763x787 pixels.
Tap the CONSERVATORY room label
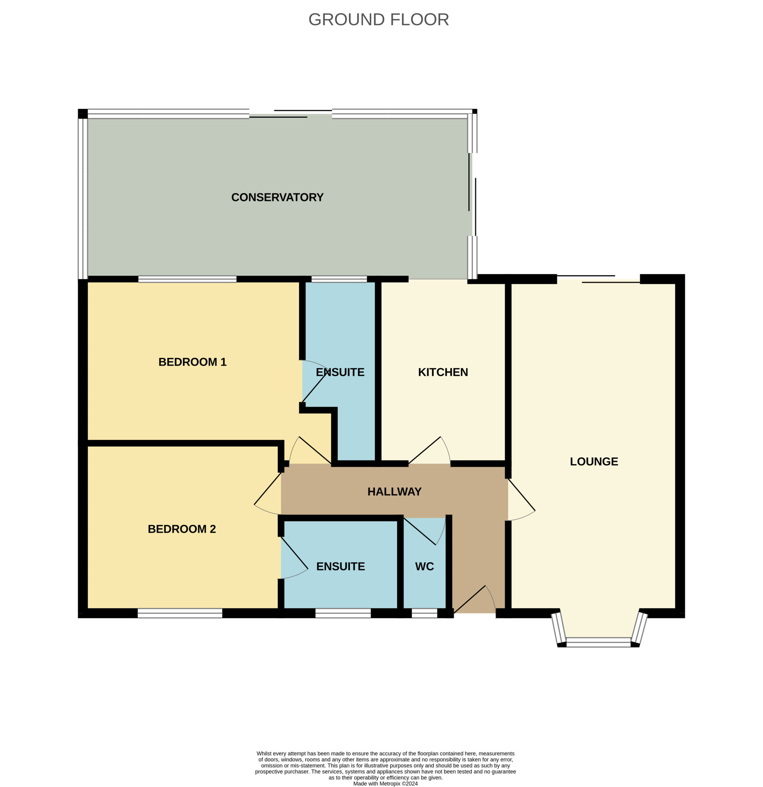pos(277,197)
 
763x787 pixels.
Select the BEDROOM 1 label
pos(193,362)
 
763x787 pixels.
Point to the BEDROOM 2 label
pos(182,529)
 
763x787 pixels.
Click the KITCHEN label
pos(443,372)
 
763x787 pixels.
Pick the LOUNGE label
pos(594,461)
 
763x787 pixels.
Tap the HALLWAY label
pos(395,492)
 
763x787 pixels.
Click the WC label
pos(425,566)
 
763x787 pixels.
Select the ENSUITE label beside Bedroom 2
pos(341,566)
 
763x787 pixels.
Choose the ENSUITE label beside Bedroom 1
pos(340,372)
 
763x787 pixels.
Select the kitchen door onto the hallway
pos(429,450)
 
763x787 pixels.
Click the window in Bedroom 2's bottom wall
pos(180,613)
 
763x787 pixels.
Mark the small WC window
pos(424,613)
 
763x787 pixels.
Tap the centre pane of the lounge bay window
pos(598,642)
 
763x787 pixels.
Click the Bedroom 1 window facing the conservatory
pos(187,279)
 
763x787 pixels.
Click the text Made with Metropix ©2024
pos(385,783)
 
